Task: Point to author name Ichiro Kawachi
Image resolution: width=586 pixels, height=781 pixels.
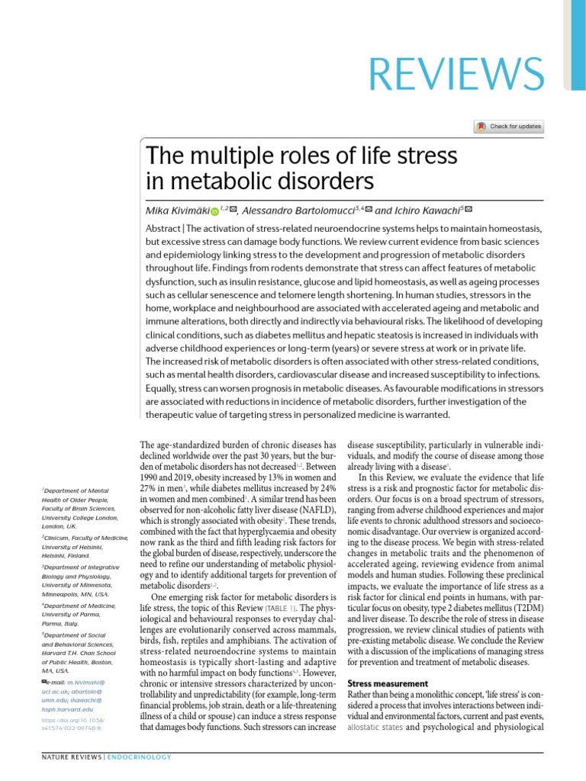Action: point(429,210)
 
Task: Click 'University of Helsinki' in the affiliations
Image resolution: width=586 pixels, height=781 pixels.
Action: point(74,546)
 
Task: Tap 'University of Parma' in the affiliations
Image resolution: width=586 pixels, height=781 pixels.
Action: point(69,614)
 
